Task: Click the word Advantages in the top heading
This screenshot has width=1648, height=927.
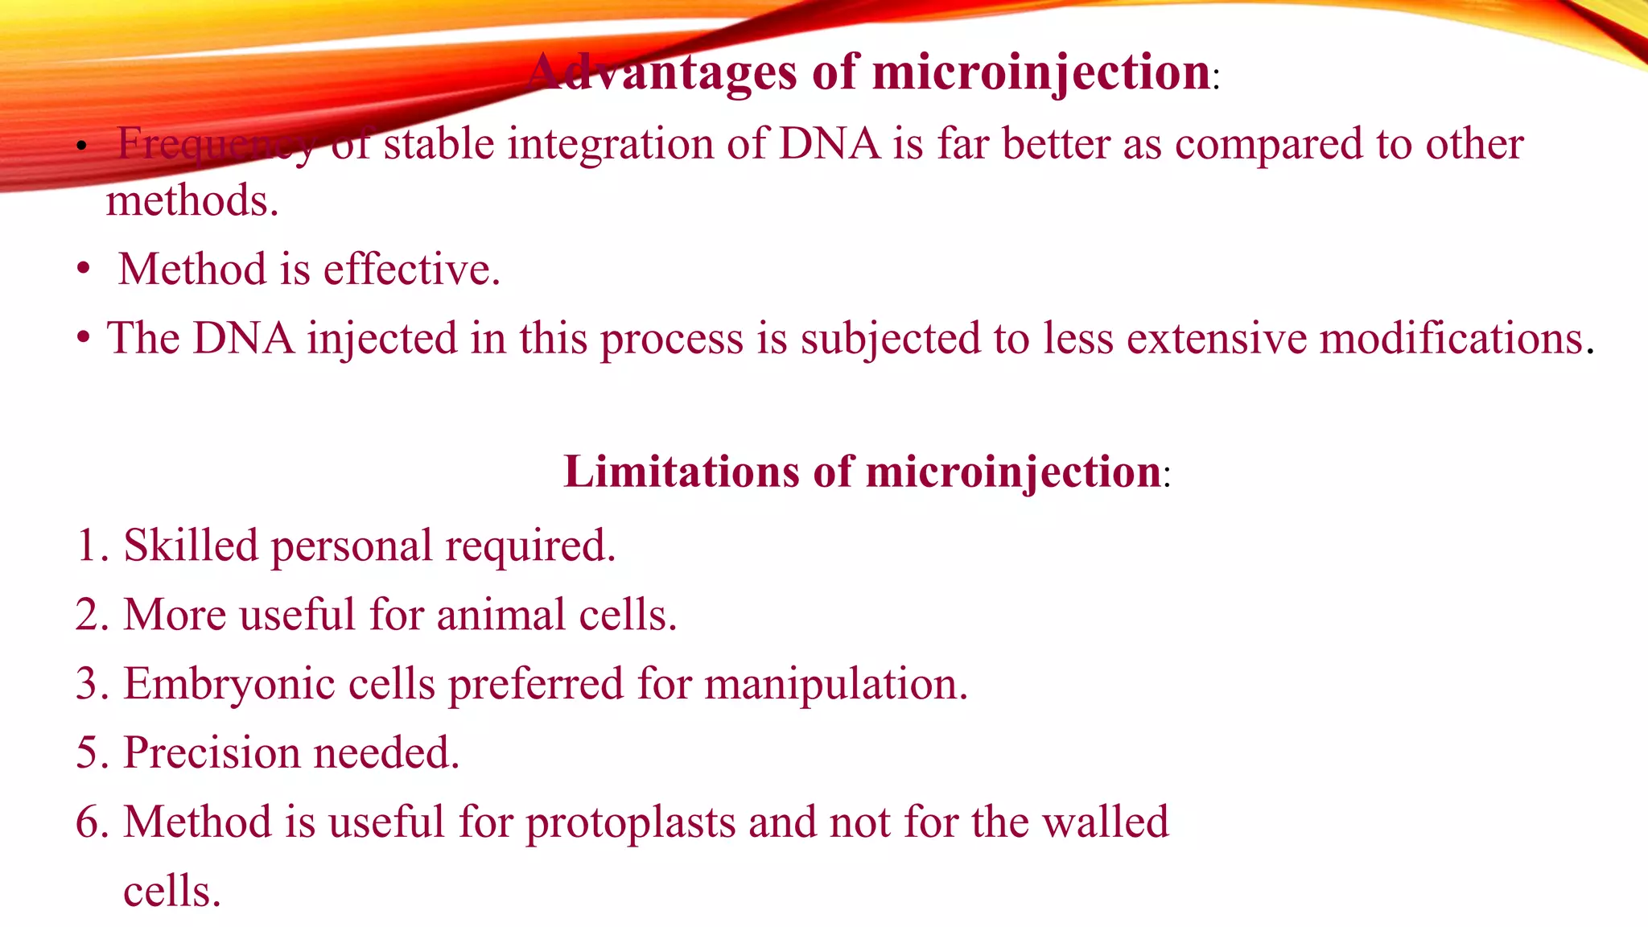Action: coord(663,73)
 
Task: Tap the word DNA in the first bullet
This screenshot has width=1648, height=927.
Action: coord(830,145)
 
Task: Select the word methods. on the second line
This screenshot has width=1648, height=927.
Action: coord(192,201)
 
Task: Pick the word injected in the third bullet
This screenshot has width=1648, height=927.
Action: coord(382,339)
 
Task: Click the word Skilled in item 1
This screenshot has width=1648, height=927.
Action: coord(191,546)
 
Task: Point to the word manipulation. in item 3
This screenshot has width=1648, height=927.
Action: coord(836,685)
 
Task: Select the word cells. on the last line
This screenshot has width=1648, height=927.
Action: coord(171,892)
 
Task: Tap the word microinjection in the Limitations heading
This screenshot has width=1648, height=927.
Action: coord(1013,472)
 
